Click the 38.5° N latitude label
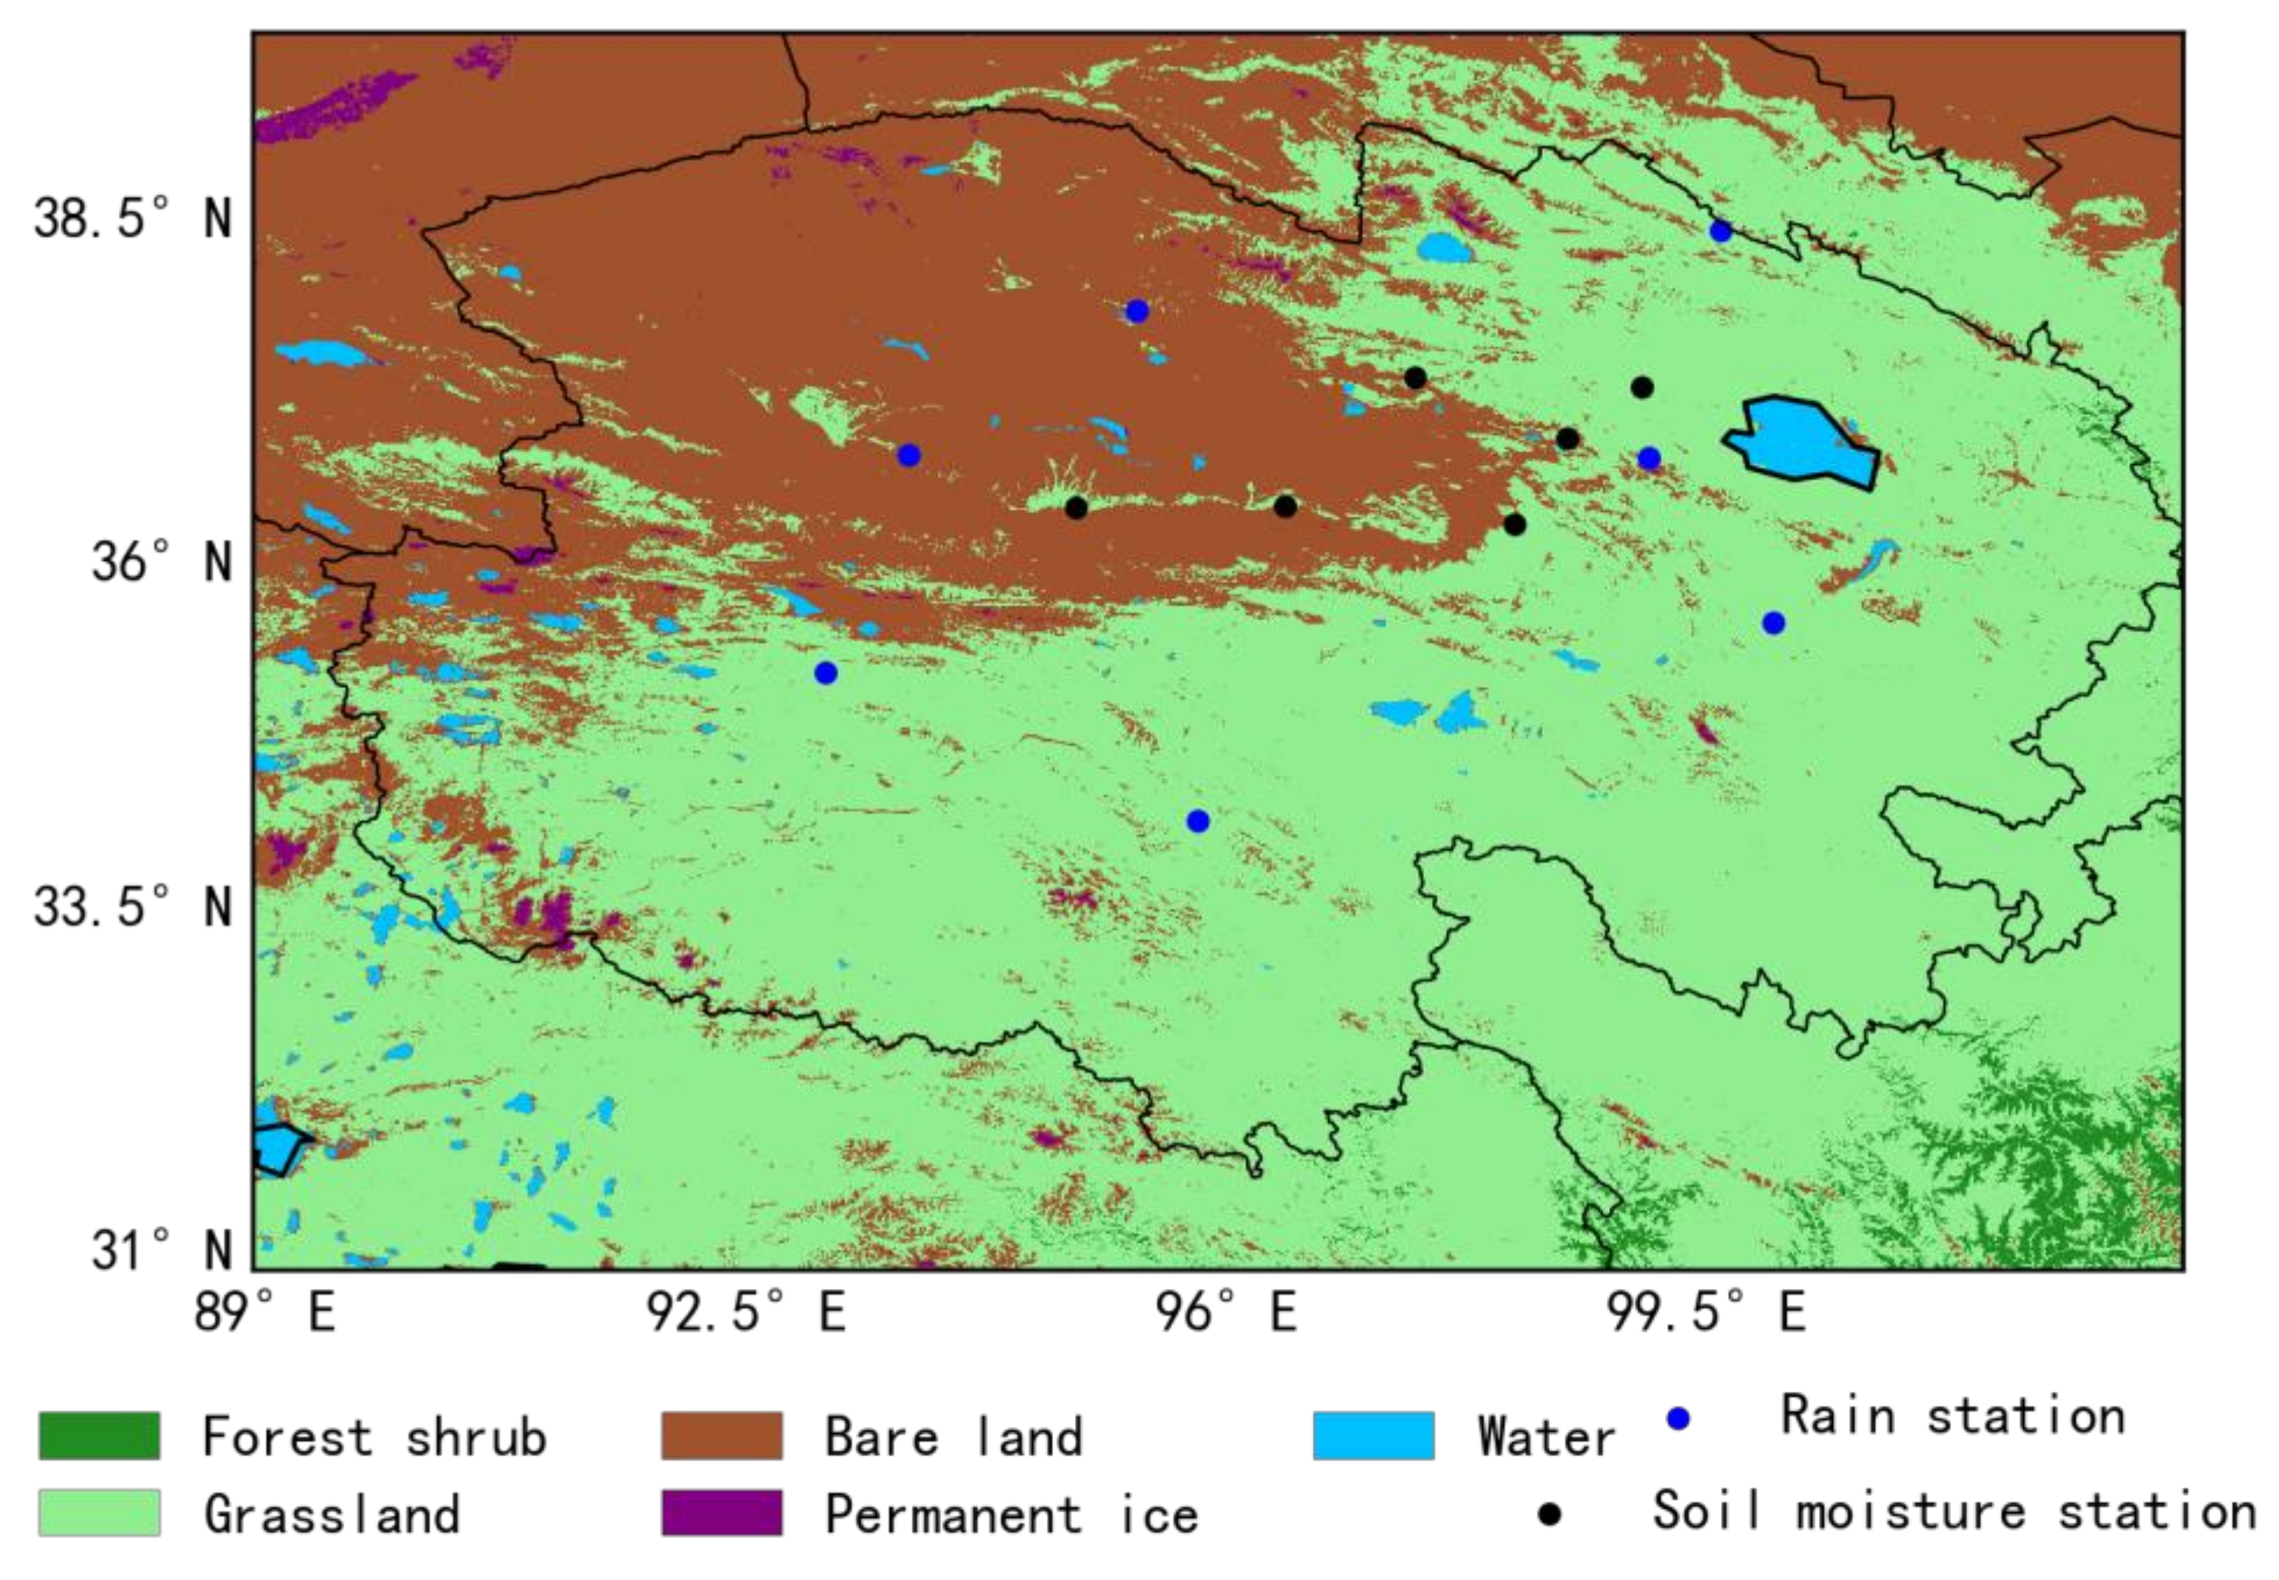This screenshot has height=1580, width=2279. tap(133, 218)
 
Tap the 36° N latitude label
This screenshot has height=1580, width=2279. tap(162, 562)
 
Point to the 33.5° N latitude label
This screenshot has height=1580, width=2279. tap(133, 907)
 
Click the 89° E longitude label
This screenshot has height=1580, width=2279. tap(264, 1313)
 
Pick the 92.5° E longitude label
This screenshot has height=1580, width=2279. tap(747, 1313)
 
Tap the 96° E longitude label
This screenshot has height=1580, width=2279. tap(1227, 1313)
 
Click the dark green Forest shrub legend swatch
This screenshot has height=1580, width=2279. tap(99, 1435)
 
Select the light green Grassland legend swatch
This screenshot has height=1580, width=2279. tap(99, 1512)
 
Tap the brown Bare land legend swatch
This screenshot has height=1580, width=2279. tap(721, 1435)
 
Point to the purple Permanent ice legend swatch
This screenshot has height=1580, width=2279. tap(721, 1512)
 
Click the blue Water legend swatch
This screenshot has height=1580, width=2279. tap(1373, 1435)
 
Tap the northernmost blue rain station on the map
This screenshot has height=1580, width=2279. tap(1720, 232)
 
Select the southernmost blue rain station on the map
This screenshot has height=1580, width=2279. tap(1197, 820)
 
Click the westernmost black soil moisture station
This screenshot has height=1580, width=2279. tap(1077, 508)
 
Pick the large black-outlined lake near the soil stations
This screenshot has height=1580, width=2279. tap(1801, 441)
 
